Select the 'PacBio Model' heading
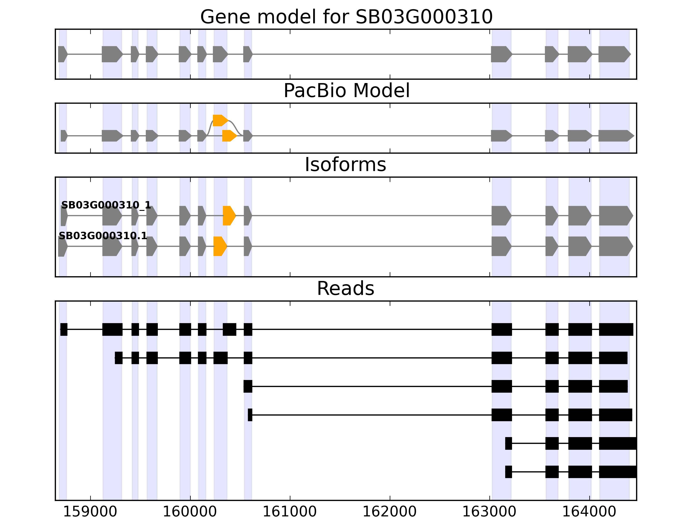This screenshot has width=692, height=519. tap(346, 91)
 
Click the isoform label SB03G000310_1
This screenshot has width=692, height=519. tap(106, 205)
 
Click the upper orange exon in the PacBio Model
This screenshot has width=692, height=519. tap(220, 120)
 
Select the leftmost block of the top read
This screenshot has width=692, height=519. tap(64, 329)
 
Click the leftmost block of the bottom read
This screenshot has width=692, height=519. tap(509, 472)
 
